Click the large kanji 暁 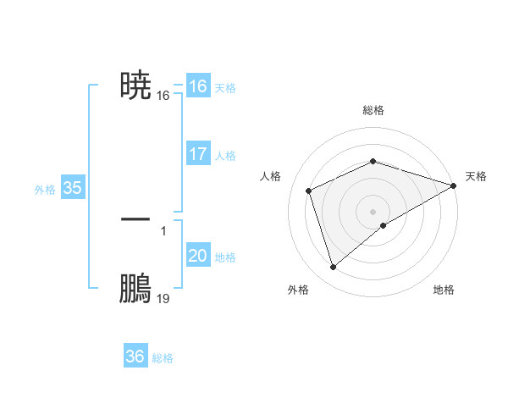[135, 86]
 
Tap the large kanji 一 [135, 218]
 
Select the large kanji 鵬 [135, 289]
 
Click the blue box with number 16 [198, 86]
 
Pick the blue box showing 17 [198, 155]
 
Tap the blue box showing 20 [198, 257]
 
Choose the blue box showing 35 [72, 189]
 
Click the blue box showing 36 [135, 357]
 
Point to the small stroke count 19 [163, 299]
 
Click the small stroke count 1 [163, 229]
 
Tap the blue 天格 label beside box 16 [225, 88]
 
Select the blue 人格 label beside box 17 [225, 156]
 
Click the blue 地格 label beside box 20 [225, 257]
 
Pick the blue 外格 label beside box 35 [45, 190]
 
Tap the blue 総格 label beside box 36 [163, 358]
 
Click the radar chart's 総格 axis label [373, 110]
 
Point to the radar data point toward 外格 [333, 268]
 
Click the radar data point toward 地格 [384, 225]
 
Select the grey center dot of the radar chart [373, 211]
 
